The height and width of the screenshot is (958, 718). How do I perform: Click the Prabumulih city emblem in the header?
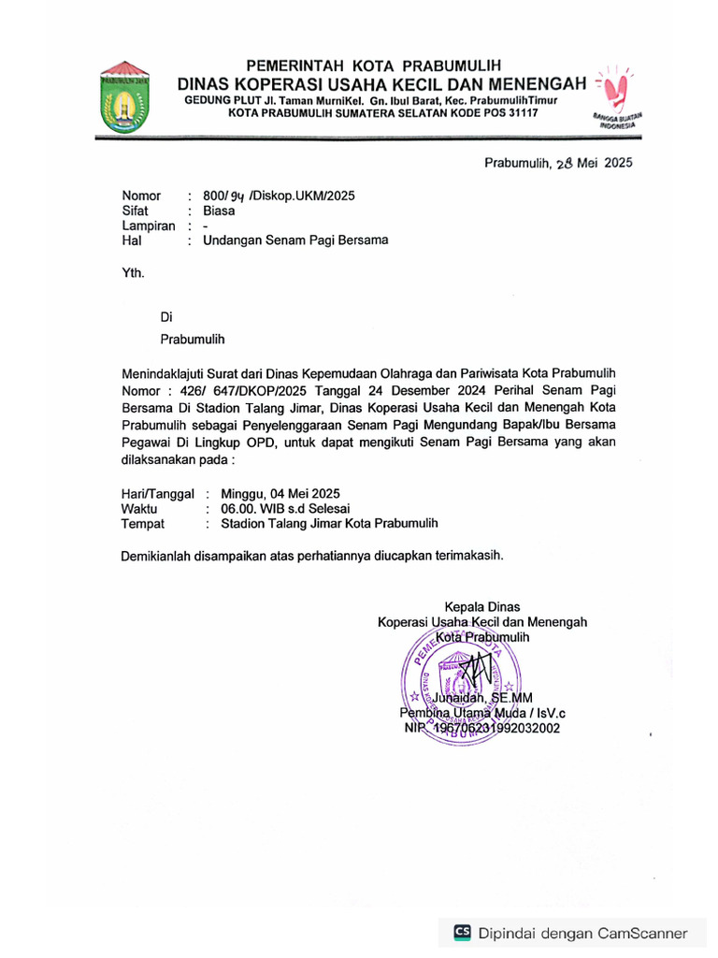(124, 97)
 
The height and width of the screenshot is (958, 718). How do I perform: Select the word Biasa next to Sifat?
(219, 210)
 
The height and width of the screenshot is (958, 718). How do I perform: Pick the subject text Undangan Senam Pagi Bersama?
(295, 240)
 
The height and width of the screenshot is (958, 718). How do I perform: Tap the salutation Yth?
(134, 273)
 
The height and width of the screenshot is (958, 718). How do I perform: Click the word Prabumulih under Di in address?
(192, 339)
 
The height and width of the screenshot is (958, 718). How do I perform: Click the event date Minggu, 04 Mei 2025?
(280, 493)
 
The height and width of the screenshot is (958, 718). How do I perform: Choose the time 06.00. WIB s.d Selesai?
(284, 508)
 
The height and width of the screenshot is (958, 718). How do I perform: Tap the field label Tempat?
(143, 524)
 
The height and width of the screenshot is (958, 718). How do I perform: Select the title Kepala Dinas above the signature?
(481, 606)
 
